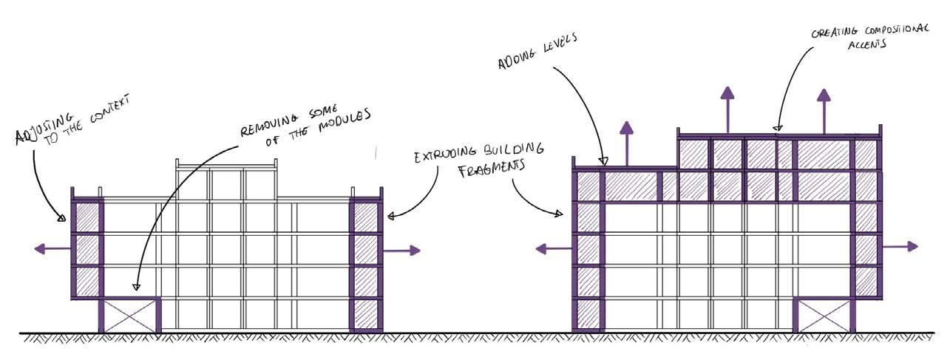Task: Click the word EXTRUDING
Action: [x=442, y=156]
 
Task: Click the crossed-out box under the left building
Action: [x=129, y=316]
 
